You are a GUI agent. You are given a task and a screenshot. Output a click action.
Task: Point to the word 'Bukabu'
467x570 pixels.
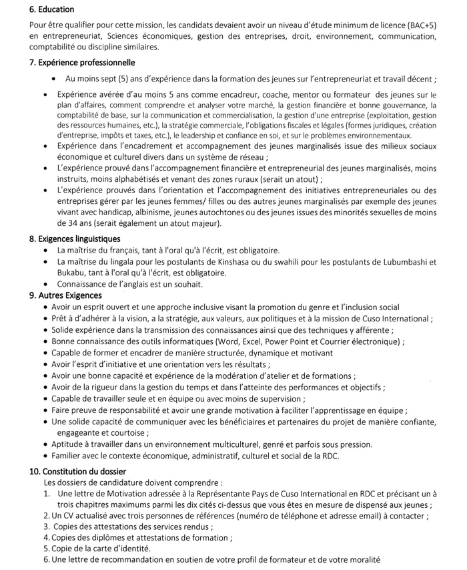[x=72, y=273]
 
